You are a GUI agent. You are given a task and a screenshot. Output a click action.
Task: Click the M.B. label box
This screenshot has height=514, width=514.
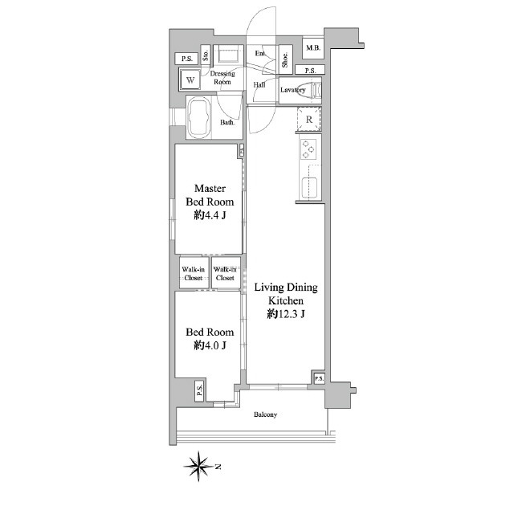click(x=312, y=48)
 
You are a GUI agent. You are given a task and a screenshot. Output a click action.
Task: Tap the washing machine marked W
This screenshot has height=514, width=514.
click(x=190, y=80)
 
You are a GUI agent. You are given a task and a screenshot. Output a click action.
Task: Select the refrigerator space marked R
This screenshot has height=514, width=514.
click(x=308, y=120)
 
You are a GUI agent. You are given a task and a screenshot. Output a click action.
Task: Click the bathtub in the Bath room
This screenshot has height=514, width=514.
click(x=200, y=117)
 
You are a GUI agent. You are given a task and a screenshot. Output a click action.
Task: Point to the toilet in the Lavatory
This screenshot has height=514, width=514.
click(x=314, y=90)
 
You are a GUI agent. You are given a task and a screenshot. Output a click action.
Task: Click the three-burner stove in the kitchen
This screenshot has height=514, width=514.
click(x=308, y=149)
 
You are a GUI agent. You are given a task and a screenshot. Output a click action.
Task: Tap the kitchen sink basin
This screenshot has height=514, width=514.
click(x=309, y=187)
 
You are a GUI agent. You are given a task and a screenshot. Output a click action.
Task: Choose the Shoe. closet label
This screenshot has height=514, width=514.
click(x=285, y=59)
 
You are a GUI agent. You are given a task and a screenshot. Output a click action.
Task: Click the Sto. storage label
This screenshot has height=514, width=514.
click(x=206, y=55)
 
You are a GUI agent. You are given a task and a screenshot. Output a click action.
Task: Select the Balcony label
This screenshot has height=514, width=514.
click(x=266, y=414)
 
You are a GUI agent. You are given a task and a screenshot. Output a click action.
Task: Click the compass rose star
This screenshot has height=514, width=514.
click(x=198, y=466)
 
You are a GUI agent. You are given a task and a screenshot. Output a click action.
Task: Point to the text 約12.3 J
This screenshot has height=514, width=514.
click(x=286, y=314)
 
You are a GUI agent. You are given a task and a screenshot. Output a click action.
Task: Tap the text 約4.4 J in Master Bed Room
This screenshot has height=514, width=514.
click(x=210, y=215)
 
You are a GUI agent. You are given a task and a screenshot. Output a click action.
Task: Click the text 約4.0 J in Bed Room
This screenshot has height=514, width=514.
click(x=210, y=345)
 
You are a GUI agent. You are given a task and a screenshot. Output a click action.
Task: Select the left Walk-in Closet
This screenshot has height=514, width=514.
click(x=194, y=273)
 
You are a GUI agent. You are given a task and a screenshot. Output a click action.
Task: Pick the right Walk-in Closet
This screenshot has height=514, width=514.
click(x=226, y=273)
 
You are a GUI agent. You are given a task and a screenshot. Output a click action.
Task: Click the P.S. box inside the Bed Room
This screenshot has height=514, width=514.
click(x=199, y=390)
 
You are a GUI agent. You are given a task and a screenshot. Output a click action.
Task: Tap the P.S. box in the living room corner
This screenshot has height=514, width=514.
click(x=319, y=378)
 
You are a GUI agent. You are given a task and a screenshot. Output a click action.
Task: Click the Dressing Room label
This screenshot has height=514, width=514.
click(x=222, y=78)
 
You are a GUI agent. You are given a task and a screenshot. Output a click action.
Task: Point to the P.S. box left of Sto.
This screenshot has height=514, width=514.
click(x=187, y=59)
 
